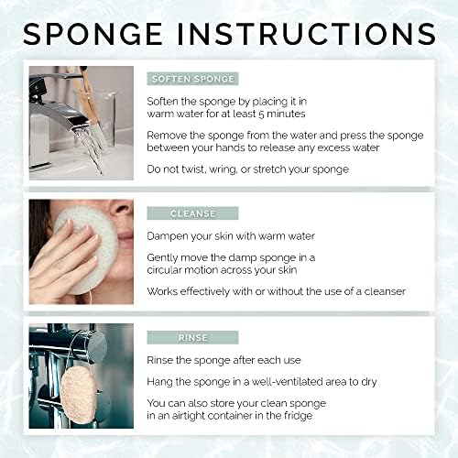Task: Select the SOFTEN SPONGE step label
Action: pyautogui.click(x=192, y=79)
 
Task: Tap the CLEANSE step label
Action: pyautogui.click(x=192, y=213)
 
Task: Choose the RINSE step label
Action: pyautogui.click(x=192, y=337)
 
